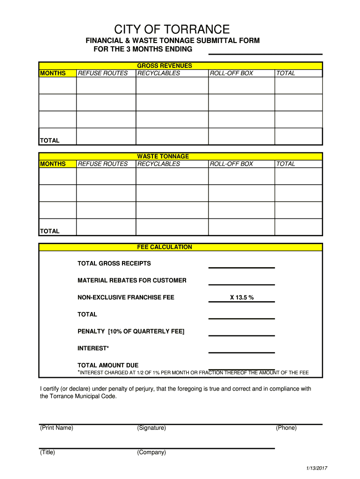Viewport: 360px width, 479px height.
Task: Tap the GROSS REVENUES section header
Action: coord(164,66)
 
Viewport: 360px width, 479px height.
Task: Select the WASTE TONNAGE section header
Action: coord(163,156)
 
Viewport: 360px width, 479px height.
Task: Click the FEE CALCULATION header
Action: coord(164,247)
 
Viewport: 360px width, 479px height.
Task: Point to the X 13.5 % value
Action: coord(241,298)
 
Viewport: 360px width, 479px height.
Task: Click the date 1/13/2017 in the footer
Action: coord(317,469)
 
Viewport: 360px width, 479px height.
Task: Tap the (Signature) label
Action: coord(151,428)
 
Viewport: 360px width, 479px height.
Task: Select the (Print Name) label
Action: coord(57,428)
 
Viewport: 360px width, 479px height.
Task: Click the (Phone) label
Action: coord(286,428)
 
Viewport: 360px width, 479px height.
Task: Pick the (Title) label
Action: coord(48,452)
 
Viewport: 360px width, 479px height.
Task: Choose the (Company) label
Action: coord(151,452)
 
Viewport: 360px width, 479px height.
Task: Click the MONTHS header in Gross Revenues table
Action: coord(53,73)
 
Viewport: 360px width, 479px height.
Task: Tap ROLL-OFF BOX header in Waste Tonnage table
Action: coord(231,164)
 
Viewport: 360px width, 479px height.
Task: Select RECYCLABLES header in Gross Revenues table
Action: coord(158,73)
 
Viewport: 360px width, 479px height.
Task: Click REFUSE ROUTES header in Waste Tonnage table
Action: coord(103,164)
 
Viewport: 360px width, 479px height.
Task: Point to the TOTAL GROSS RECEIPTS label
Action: coord(114,263)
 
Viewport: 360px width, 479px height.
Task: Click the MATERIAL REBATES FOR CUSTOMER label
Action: coord(132,281)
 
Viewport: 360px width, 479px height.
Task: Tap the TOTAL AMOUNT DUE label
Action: coord(108,365)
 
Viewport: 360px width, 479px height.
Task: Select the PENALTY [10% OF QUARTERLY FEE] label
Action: coord(131,332)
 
